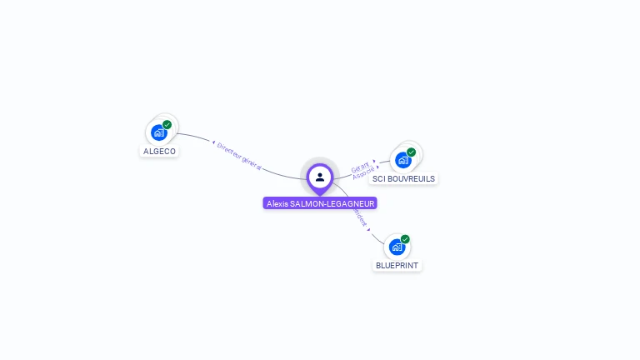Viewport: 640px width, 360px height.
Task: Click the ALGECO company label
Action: (x=159, y=152)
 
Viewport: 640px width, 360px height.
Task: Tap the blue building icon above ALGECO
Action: (x=157, y=132)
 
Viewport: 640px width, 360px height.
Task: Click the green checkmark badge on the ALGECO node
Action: (x=167, y=125)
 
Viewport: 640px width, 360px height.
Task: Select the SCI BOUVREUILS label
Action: (x=403, y=178)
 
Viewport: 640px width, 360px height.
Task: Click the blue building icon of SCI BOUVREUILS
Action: (x=402, y=160)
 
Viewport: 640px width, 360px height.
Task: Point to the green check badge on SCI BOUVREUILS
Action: (x=411, y=152)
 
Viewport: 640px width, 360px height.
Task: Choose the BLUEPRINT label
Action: (x=397, y=265)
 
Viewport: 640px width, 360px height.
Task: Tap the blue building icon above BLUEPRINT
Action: (x=397, y=247)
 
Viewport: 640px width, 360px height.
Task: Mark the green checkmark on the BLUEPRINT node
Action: (x=405, y=239)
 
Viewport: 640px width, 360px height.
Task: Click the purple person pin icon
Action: (x=320, y=177)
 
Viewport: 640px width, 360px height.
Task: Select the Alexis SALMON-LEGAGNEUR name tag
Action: (x=320, y=203)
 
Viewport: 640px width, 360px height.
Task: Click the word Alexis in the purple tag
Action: (x=277, y=203)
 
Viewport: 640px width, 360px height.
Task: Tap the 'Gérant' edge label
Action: (x=359, y=167)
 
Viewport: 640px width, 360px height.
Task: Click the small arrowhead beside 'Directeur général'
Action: (x=214, y=143)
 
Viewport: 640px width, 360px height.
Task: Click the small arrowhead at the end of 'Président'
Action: (x=368, y=228)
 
